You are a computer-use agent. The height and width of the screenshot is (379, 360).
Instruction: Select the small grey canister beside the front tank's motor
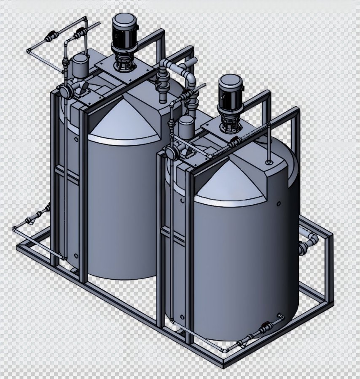click(x=185, y=127)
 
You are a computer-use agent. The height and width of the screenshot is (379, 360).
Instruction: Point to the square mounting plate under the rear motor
click(x=122, y=70)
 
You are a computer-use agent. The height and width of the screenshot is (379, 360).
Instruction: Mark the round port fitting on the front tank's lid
click(x=269, y=162)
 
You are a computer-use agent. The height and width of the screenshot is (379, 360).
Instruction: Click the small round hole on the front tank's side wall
click(x=279, y=204)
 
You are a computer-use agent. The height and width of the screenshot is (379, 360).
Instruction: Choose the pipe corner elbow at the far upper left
click(x=29, y=51)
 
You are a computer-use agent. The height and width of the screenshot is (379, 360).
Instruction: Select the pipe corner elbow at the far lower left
click(x=15, y=229)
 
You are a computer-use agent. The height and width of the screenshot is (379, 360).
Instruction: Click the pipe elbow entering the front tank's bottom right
click(x=280, y=316)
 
